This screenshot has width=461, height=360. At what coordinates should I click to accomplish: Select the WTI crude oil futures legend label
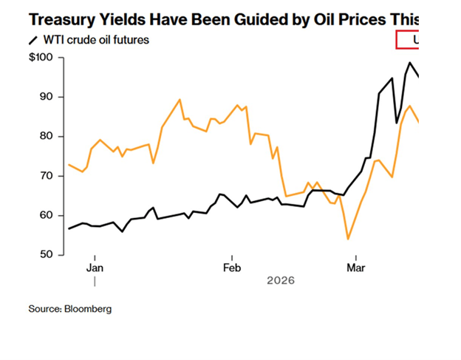[96, 39]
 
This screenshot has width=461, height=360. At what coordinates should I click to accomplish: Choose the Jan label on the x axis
[95, 267]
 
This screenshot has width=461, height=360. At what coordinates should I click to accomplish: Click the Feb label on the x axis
[232, 267]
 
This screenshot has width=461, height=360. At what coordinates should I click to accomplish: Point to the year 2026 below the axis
[281, 281]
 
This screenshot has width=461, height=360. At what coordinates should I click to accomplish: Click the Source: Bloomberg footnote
[70, 309]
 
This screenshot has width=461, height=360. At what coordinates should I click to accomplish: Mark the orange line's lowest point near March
[348, 239]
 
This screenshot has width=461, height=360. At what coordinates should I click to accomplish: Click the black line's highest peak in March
[409, 63]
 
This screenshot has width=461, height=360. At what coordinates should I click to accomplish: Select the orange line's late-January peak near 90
[180, 99]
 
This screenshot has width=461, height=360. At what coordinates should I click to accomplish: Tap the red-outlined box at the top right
[409, 39]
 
